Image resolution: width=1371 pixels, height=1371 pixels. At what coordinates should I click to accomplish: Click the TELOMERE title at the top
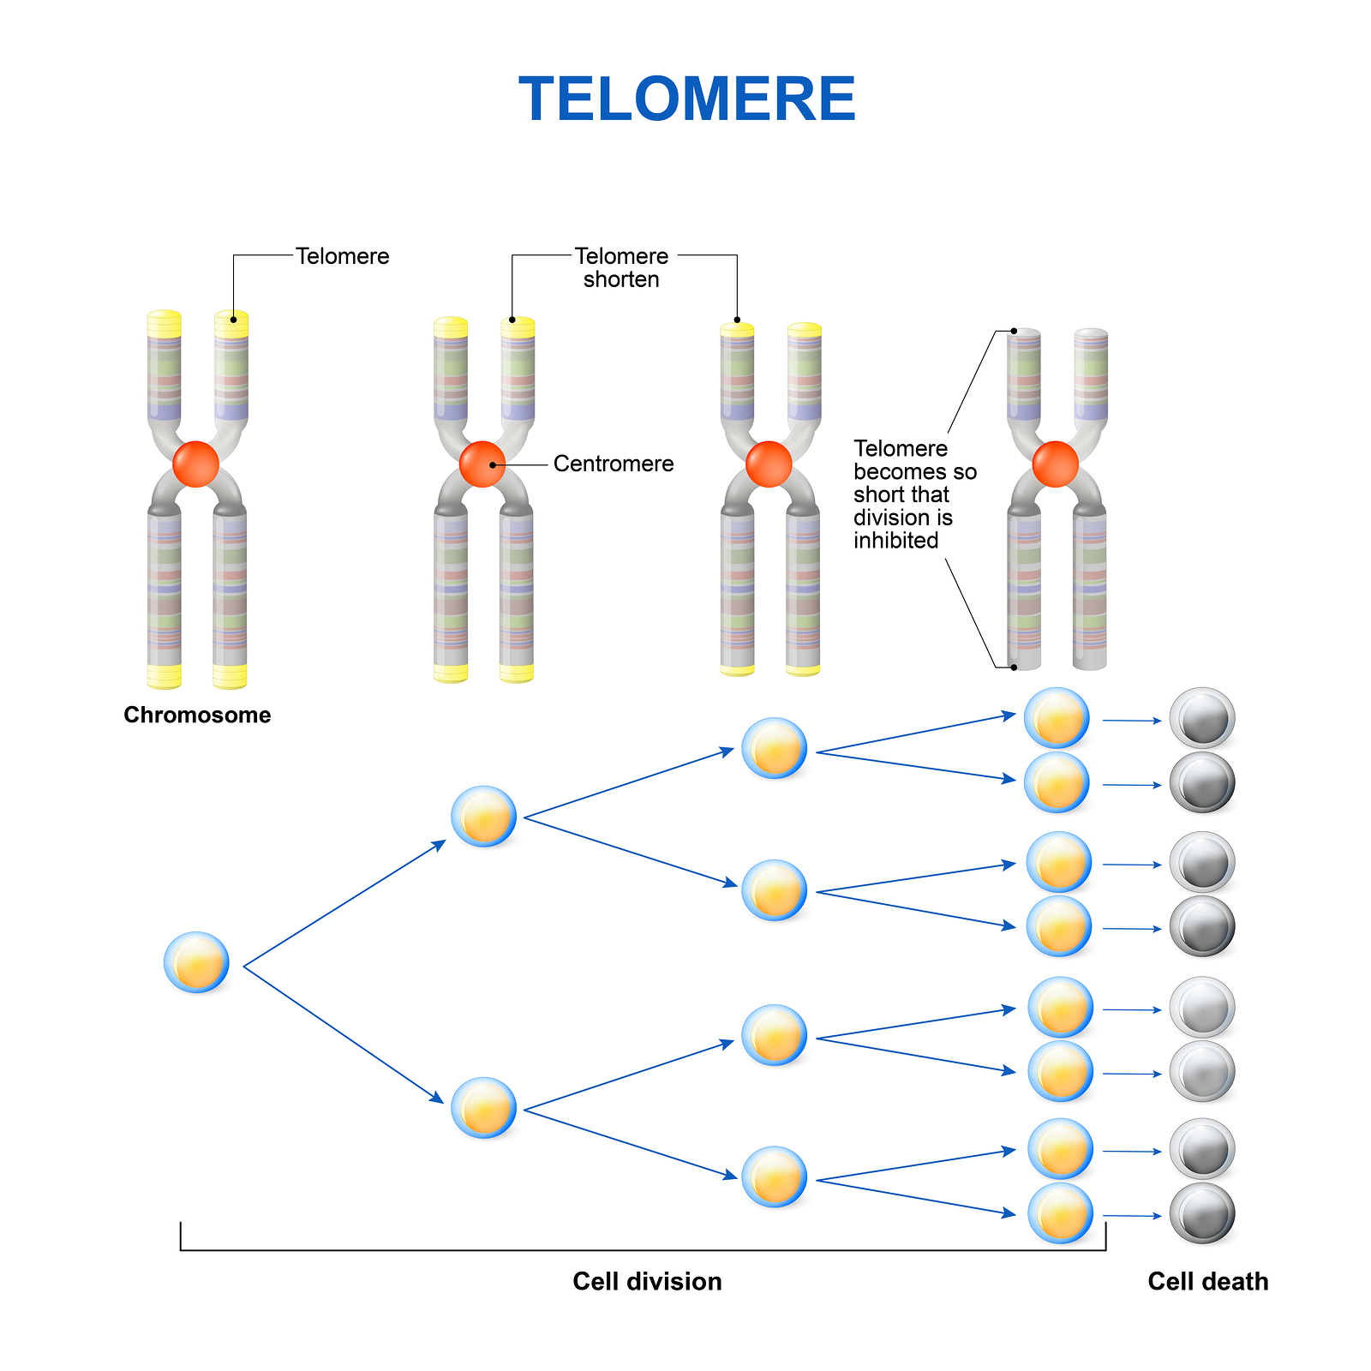pos(687,99)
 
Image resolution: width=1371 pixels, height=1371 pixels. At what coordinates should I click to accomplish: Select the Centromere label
pos(614,464)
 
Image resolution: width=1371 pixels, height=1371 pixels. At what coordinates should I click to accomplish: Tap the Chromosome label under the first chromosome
pos(197,715)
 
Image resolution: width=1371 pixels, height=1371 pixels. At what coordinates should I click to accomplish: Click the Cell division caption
pos(647,1281)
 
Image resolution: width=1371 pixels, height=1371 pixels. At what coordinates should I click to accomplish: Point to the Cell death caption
pos(1208,1281)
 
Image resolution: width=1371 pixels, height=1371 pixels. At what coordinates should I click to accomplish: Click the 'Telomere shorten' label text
pos(621,267)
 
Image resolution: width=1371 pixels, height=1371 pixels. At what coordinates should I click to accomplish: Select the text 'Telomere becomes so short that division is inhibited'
pos(914,494)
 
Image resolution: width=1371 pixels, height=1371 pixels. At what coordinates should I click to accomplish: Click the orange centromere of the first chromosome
pos(196,464)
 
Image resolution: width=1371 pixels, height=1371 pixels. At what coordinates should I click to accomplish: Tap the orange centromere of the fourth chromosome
pos(1056,464)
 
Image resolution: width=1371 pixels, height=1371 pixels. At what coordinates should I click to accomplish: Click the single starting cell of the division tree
pos(196,962)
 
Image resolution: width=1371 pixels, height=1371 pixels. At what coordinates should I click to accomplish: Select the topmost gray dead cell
pos(1202,718)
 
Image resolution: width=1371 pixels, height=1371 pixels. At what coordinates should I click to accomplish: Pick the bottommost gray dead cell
pos(1202,1213)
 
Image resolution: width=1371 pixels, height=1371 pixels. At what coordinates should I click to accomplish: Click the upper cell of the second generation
pos(484,817)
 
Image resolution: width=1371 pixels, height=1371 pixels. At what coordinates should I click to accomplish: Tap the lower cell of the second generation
pos(484,1107)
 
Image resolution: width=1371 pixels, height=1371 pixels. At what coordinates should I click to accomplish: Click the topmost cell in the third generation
pos(774,748)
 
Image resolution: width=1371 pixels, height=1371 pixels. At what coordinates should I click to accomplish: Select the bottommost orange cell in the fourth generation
pos(1061,1213)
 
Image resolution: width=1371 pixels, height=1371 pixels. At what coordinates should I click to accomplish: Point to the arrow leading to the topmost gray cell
pos(1132,721)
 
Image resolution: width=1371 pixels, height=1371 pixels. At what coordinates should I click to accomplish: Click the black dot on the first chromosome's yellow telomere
pos(233,320)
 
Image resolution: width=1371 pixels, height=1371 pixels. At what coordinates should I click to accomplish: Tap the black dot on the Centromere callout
pos(493,464)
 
